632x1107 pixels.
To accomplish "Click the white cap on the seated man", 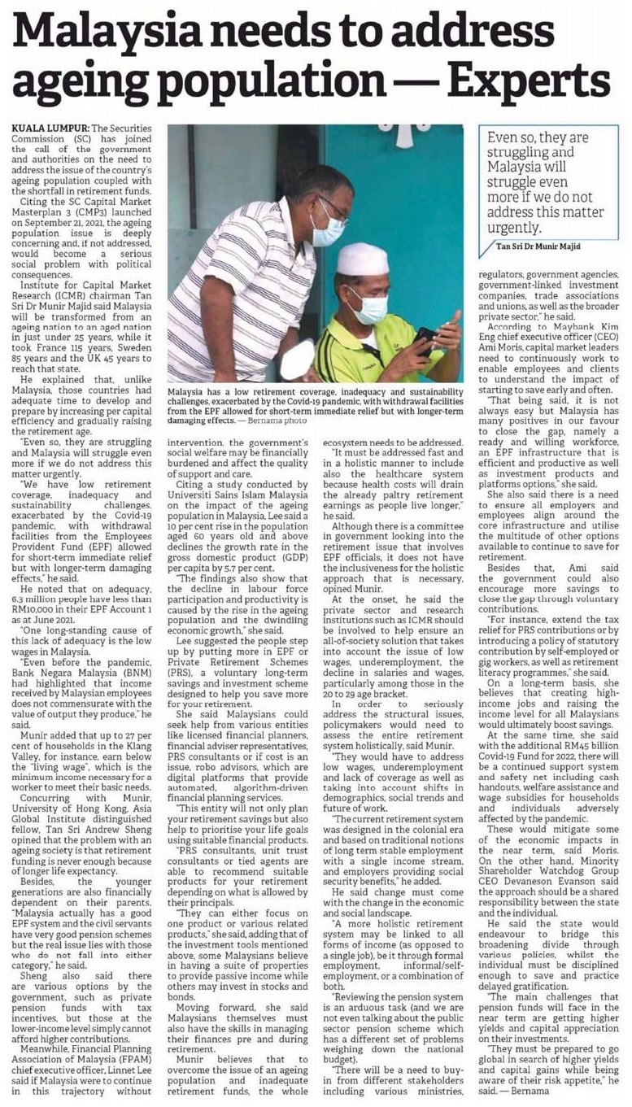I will (x=363, y=259).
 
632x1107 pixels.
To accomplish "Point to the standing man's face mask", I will (x=328, y=231).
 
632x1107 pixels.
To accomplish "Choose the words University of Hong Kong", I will (x=58, y=769).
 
